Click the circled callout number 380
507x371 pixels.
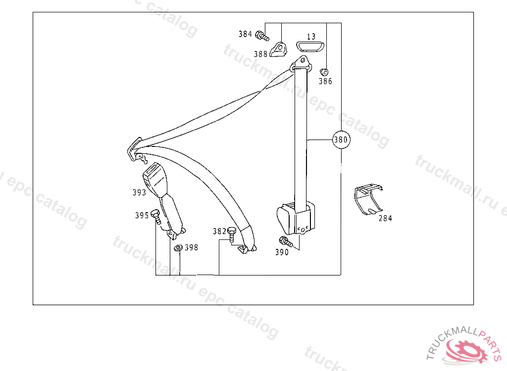tap(341, 139)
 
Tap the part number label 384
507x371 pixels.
tap(245, 34)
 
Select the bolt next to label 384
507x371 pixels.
tap(262, 36)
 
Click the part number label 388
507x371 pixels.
tap(260, 54)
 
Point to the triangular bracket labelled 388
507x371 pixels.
tap(278, 49)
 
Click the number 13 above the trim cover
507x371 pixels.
tap(311, 37)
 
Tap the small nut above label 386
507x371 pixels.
tap(324, 72)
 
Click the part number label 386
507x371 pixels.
tap(325, 81)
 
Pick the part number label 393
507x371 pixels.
tap(139, 192)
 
